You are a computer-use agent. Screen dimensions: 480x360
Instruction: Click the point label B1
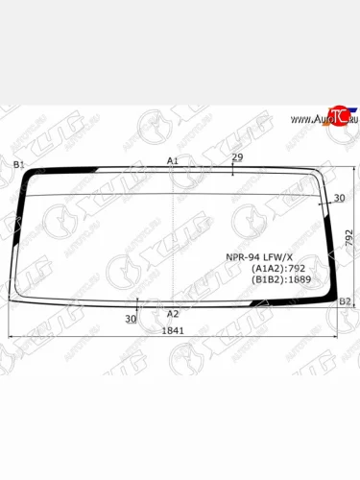coord(18,165)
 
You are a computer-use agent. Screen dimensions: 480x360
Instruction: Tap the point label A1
coord(172,160)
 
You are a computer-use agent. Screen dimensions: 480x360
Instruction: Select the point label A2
coord(173,314)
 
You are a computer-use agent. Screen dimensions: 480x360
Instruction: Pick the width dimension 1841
coord(173,330)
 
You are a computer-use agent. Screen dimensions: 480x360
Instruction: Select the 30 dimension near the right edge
coord(339,198)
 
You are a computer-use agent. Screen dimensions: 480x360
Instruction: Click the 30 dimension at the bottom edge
coord(131,318)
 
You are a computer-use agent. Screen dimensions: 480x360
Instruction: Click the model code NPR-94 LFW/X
coord(258,256)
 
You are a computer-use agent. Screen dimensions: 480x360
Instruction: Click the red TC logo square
coord(337,117)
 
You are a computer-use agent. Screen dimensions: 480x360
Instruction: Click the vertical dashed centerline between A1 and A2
coord(173,240)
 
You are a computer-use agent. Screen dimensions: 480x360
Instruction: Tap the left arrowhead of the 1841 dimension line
coord(12,337)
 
